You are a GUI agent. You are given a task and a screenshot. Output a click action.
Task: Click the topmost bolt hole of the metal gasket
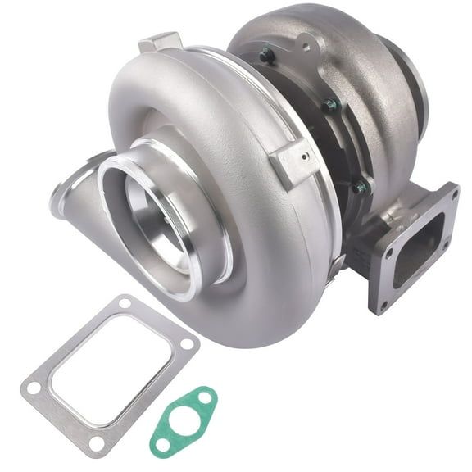pos(125,304)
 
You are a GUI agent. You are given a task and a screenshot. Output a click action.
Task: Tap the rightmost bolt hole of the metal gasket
pos(188,344)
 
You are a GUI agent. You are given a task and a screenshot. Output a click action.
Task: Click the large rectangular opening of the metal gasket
pos(110,373)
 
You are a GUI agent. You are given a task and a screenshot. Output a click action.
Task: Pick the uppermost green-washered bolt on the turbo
pos(266,57)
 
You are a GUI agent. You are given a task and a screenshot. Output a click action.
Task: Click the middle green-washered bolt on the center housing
pos(329,104)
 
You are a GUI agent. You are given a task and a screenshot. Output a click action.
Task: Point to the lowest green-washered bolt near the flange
pos(359,187)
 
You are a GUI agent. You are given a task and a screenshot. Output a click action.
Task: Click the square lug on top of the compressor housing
pos(159,43)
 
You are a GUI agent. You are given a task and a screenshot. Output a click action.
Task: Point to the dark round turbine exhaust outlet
pos(415,78)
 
